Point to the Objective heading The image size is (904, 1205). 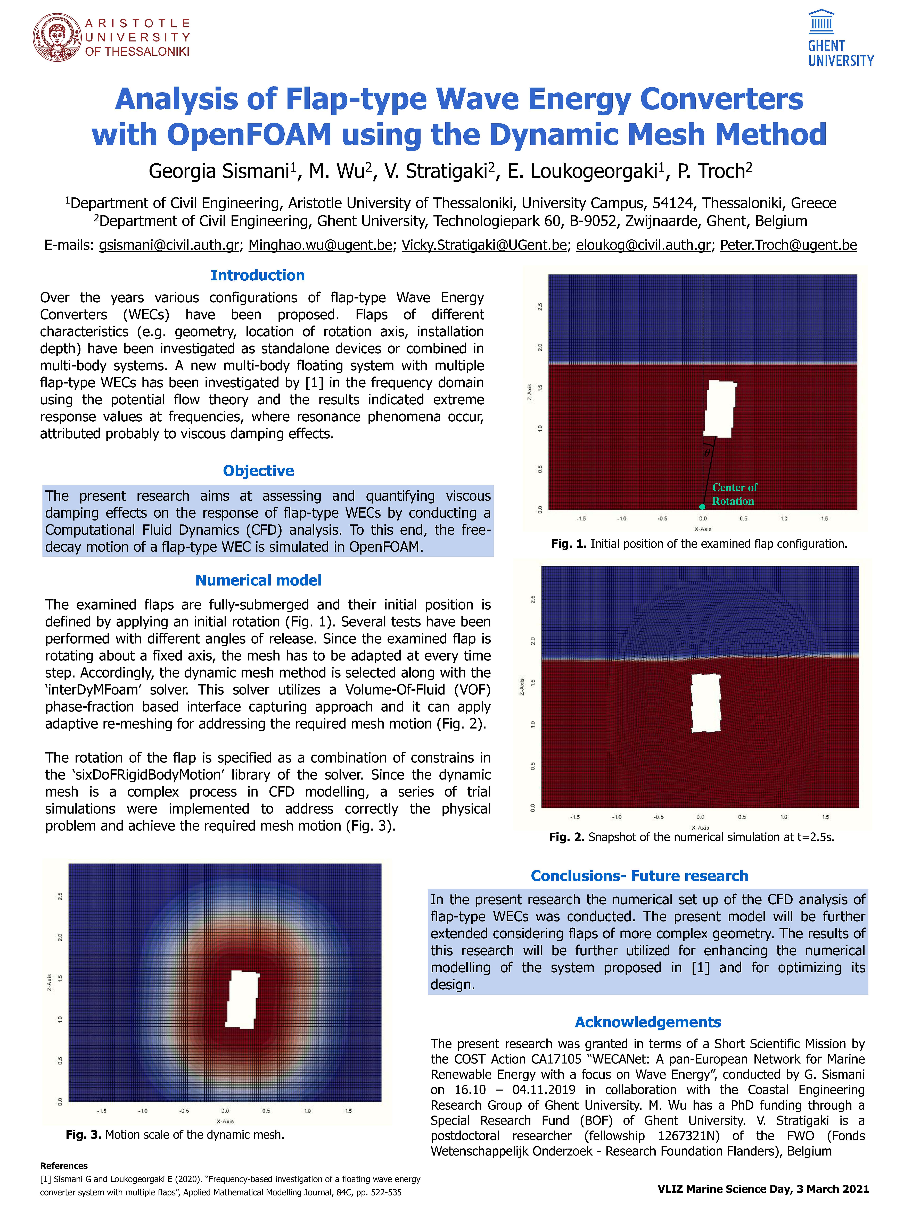[x=258, y=471]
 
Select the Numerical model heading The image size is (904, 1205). [x=258, y=581]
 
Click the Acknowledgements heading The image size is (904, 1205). [x=648, y=1022]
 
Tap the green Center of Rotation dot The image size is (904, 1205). [x=702, y=507]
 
